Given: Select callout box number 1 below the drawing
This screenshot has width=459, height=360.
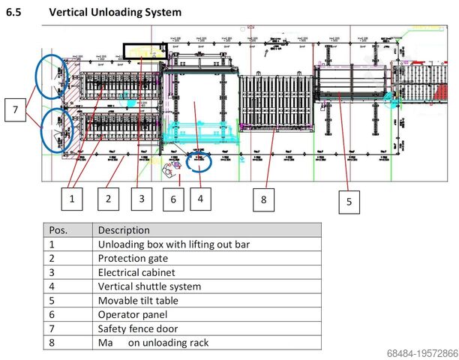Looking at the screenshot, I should point(71,199).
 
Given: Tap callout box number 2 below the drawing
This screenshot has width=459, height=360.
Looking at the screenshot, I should point(108,199).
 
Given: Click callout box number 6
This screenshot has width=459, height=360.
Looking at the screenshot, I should point(172,199).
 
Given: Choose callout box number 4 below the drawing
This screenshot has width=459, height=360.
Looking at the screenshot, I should point(201,199).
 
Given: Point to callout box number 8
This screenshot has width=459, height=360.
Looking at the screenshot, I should point(264,199).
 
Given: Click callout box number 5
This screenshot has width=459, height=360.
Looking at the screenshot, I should point(349,200).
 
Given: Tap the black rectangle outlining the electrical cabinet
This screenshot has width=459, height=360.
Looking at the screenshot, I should point(144,51).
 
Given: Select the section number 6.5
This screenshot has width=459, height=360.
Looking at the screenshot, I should point(16,13).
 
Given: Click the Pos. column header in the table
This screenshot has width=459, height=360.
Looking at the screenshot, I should point(58,229).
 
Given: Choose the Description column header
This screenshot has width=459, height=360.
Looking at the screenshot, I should point(124,229).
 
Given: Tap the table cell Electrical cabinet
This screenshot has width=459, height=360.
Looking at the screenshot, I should point(136,272).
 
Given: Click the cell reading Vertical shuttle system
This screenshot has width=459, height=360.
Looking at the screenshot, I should point(149,286).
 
